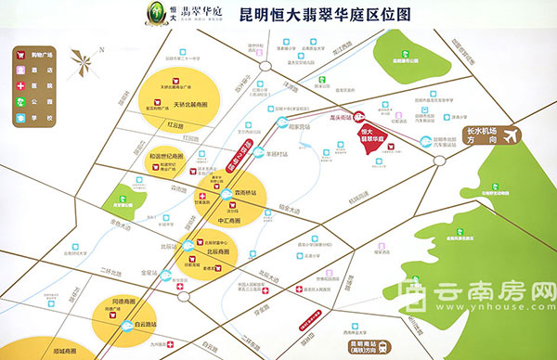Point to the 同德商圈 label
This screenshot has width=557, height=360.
[x=123, y=302]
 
